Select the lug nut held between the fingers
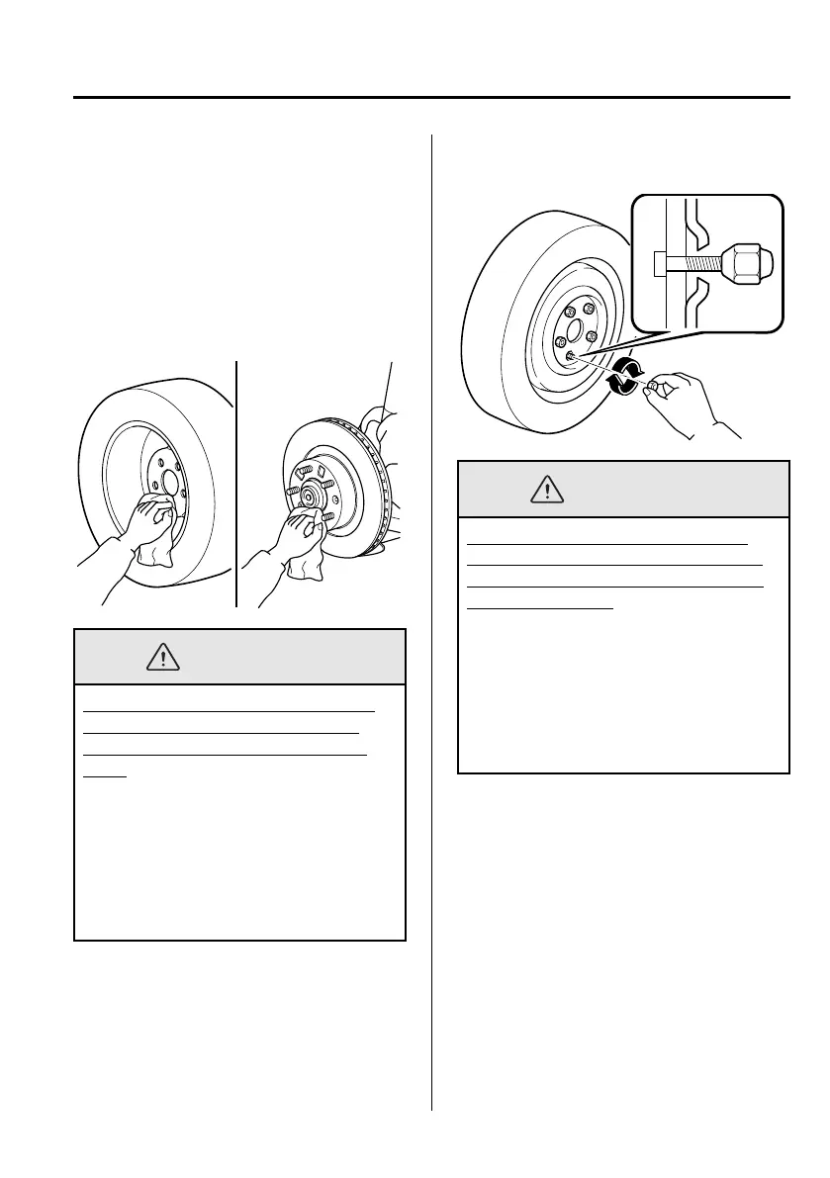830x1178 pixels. point(653,385)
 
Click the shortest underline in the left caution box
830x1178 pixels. point(104,776)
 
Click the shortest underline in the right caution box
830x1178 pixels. point(540,608)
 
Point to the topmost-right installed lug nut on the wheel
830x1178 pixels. point(590,310)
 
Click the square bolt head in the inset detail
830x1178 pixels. point(661,264)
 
